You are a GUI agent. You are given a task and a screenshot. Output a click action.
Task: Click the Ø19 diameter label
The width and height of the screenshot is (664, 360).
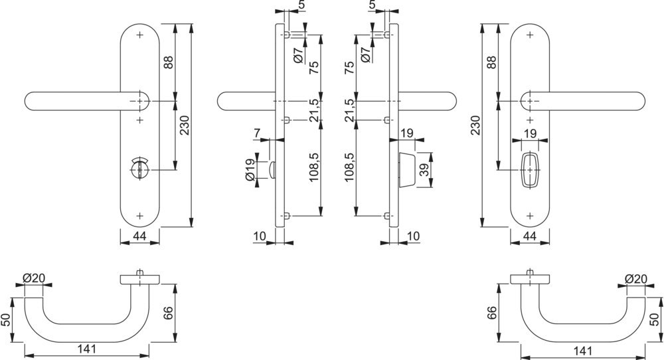[250, 171]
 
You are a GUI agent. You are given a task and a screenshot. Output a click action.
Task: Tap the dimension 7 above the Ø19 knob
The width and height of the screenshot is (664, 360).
[257, 134]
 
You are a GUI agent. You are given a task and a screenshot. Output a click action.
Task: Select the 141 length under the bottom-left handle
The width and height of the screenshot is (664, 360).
[85, 347]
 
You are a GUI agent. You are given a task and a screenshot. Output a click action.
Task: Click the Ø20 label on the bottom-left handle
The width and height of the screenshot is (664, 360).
[33, 278]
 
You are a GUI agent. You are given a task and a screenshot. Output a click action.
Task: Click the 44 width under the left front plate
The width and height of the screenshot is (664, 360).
[139, 236]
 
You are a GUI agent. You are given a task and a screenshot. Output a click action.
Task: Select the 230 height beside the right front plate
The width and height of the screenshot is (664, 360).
[475, 124]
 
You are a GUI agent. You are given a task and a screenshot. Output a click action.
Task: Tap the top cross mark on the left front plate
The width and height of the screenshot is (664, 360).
[139, 34]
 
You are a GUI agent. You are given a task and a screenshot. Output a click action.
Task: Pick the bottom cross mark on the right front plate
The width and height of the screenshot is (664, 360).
[529, 216]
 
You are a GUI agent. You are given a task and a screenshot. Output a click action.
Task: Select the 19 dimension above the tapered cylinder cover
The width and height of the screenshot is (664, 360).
[408, 134]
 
